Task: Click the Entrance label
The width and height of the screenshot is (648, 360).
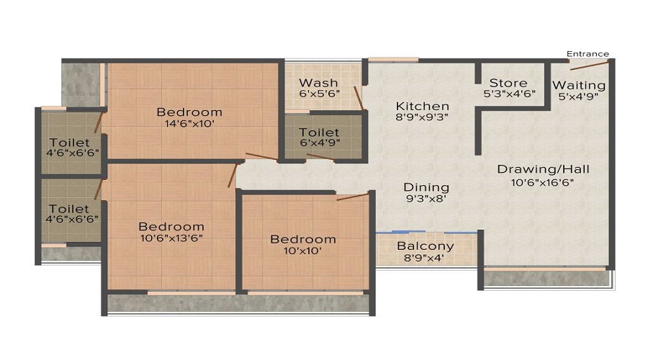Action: pos(588,54)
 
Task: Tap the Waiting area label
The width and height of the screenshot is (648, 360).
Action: pos(579,85)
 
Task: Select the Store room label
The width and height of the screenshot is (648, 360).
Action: pos(508,84)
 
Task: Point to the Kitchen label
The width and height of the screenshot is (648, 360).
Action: pos(422,106)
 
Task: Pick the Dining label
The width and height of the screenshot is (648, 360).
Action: pos(426,187)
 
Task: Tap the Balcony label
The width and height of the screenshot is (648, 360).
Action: pos(426,246)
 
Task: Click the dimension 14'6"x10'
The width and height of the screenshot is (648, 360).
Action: pos(189,123)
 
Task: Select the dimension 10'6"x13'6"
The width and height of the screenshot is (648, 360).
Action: pos(171,238)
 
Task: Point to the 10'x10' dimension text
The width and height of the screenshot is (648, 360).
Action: pos(302,251)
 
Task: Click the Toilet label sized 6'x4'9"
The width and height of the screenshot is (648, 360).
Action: pos(319,132)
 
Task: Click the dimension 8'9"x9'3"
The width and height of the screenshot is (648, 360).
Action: pos(422,117)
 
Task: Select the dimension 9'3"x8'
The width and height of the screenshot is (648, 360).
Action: pos(426,199)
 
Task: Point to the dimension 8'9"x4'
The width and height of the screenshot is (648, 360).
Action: pos(426,257)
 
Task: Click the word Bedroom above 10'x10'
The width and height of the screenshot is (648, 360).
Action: pos(302,239)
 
